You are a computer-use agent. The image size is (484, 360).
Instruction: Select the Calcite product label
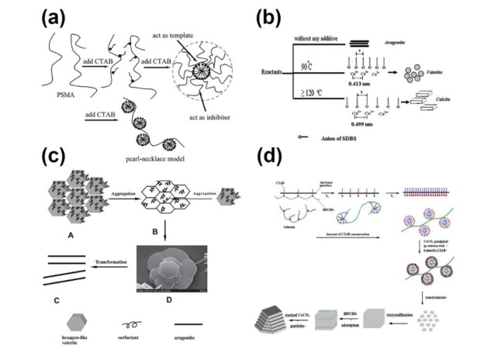pos(447,109)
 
